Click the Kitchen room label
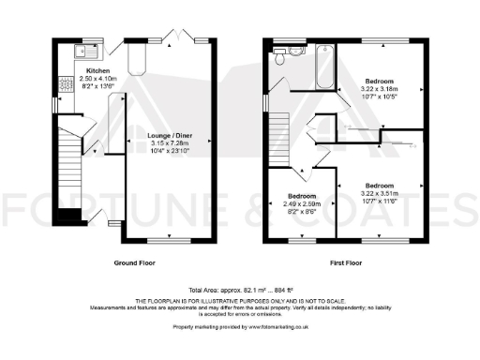point(97,70)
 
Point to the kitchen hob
point(65,83)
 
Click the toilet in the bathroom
point(282,55)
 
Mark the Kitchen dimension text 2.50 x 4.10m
point(97,78)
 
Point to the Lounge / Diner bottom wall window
point(170,240)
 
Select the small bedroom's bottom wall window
point(300,240)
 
